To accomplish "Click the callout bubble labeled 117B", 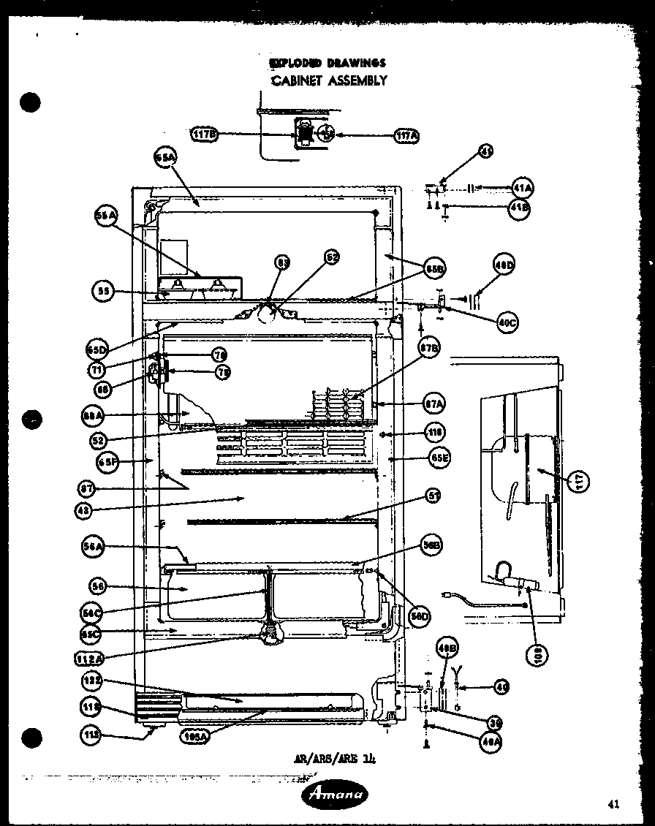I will pyautogui.click(x=205, y=134).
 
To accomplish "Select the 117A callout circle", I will pyautogui.click(x=406, y=134).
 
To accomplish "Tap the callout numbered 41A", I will pyautogui.click(x=522, y=188).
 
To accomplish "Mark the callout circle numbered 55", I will pyautogui.click(x=103, y=291).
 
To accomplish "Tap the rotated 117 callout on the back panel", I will pyautogui.click(x=580, y=481).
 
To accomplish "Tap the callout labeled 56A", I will pyautogui.click(x=97, y=545).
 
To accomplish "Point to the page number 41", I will pyautogui.click(x=613, y=805).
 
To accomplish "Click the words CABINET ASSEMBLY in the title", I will pyautogui.click(x=329, y=80).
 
